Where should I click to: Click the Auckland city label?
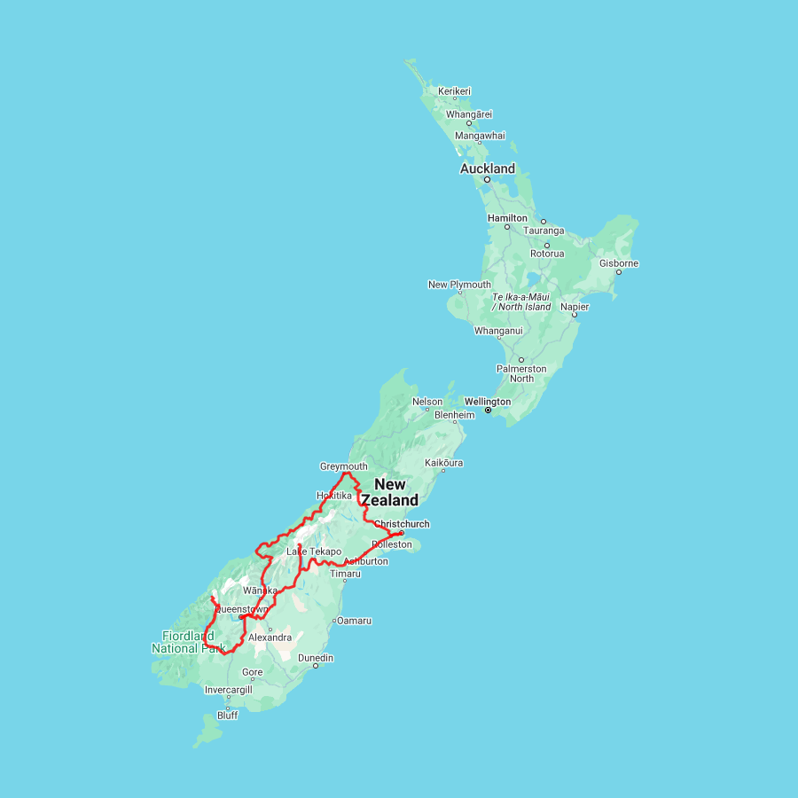coord(487,168)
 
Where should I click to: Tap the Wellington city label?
coord(488,402)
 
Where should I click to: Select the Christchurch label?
coord(402,524)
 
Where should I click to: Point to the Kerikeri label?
coord(454,91)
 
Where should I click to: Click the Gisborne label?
coord(619,263)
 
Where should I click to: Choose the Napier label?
coord(574,307)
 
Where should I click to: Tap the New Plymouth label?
coord(459,285)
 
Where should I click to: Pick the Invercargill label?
coord(228,690)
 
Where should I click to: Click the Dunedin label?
coord(316,658)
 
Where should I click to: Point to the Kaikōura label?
coord(444,463)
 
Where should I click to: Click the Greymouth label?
coord(343,466)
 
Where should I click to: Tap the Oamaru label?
coord(354,621)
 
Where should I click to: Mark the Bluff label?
coord(228,716)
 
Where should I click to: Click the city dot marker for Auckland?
coord(487,180)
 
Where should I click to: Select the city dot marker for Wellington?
coord(488,411)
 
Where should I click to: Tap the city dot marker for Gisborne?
coord(619,272)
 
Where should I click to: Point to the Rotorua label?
coord(547,254)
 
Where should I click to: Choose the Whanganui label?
coord(498,331)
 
